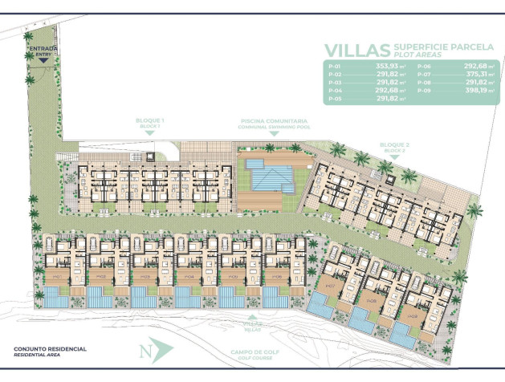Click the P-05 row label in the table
335,100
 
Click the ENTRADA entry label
43,49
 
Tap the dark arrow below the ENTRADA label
43,61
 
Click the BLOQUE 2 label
393,147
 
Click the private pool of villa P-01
56,298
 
